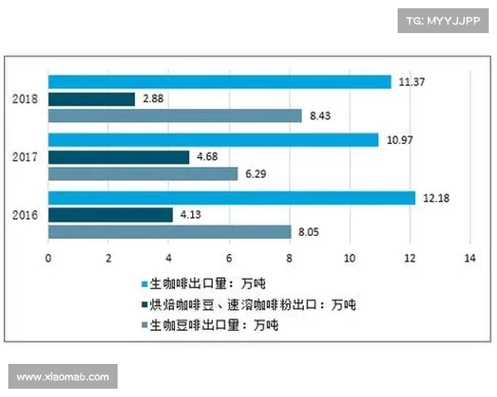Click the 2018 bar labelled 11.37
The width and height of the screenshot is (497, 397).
(x=220, y=82)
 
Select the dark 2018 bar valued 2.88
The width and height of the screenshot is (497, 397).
(x=91, y=99)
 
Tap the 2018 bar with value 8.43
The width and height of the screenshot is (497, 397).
(x=175, y=116)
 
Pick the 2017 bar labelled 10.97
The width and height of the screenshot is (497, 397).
(x=213, y=140)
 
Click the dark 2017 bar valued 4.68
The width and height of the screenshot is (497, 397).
(x=118, y=156)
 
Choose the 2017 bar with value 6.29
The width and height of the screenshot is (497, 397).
(x=142, y=174)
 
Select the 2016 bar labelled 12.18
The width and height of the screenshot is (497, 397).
(x=231, y=198)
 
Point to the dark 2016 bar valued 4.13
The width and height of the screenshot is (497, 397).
(x=110, y=215)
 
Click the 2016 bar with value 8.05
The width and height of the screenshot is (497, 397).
(x=169, y=232)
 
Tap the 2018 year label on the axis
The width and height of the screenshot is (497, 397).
(x=25, y=99)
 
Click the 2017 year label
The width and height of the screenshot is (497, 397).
(x=25, y=157)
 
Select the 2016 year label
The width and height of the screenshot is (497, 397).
(x=25, y=215)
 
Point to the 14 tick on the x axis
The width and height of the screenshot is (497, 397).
(x=470, y=258)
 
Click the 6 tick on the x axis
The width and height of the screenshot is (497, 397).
(x=229, y=258)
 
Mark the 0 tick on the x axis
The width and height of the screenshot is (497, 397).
(x=48, y=258)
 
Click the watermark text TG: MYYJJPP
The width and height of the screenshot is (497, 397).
(x=442, y=20)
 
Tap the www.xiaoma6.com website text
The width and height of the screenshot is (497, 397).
(x=63, y=376)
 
